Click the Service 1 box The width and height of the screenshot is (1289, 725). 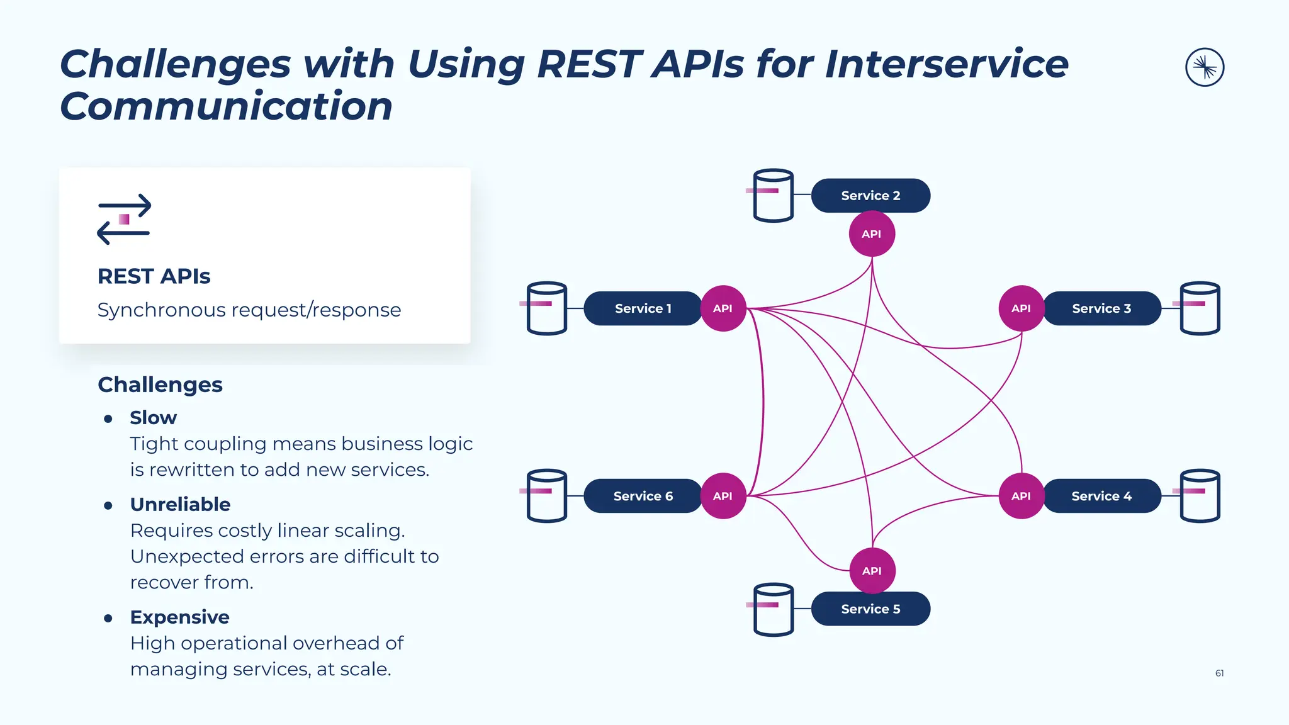[x=643, y=308]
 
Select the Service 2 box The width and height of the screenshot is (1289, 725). [x=870, y=196]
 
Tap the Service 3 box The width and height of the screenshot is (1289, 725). [x=1101, y=308]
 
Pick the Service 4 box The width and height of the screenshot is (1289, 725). [x=1101, y=496]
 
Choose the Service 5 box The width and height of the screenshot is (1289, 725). [x=870, y=609]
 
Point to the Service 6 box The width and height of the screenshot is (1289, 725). [x=643, y=496]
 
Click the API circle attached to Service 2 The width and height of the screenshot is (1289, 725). [x=872, y=234]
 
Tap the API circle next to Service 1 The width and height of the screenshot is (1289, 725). [x=723, y=308]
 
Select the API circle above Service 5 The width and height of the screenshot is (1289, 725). [x=872, y=571]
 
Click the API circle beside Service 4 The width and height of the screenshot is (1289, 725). [x=1021, y=496]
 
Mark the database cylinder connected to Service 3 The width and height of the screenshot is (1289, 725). [x=1200, y=308]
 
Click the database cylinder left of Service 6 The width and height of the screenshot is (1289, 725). [x=546, y=496]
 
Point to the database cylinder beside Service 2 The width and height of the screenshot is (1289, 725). [x=773, y=196]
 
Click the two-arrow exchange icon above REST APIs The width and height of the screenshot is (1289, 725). [x=124, y=219]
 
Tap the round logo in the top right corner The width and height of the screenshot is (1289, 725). [x=1205, y=67]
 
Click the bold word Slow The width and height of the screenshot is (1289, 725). [x=153, y=418]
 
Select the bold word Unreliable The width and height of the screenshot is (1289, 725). [x=180, y=505]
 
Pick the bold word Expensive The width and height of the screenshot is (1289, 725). [x=179, y=617]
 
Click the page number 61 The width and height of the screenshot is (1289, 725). [x=1219, y=673]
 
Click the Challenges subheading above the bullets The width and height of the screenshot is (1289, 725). [x=160, y=385]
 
